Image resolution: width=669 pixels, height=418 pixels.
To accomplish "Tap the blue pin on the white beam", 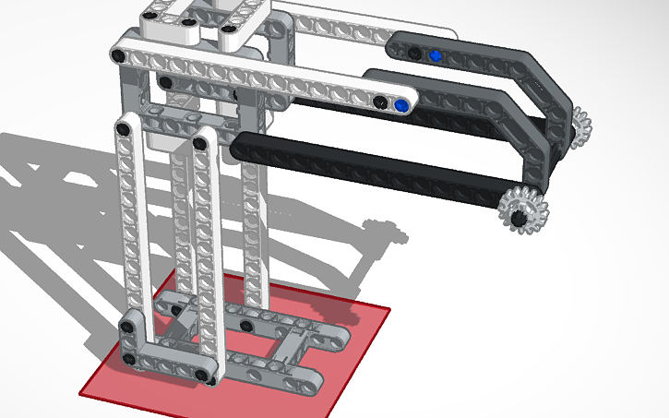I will click(400, 107).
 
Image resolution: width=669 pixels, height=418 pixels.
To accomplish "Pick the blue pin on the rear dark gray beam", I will click(436, 55).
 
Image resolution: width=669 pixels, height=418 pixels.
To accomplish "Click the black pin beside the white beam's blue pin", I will click(379, 101).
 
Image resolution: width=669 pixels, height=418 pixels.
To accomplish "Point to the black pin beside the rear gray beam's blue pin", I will click(415, 51).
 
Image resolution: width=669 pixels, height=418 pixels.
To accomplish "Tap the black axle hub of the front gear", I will click(520, 218).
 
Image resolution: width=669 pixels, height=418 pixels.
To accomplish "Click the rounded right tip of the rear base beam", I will click(343, 331).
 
